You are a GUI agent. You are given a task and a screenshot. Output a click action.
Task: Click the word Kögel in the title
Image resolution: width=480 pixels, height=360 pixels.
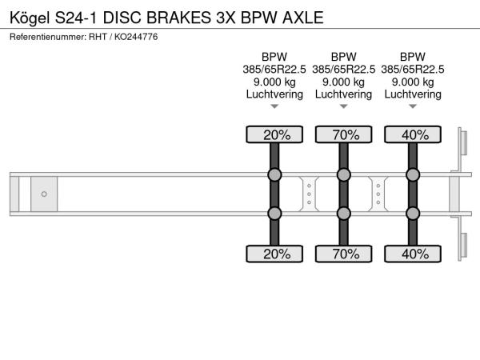(x=30, y=18)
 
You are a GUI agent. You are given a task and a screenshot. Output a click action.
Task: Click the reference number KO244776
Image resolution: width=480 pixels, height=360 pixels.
(x=136, y=37)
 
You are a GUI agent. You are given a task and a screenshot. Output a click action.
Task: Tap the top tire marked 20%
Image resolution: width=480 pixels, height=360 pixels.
(x=274, y=134)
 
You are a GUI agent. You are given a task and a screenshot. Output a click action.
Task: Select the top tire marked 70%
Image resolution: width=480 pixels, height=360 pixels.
(x=344, y=134)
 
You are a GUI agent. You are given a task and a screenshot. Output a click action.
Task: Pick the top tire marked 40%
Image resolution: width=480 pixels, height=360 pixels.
(x=413, y=134)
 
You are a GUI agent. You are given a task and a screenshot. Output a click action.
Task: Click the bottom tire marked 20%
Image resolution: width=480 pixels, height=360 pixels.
(x=274, y=254)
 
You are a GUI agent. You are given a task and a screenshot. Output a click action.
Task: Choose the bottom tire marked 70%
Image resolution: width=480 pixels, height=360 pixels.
(x=344, y=254)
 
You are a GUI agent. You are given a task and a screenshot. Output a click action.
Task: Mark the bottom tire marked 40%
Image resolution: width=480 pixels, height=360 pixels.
(x=413, y=254)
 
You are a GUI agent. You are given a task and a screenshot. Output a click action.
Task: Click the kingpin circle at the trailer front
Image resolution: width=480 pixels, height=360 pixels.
(x=44, y=194)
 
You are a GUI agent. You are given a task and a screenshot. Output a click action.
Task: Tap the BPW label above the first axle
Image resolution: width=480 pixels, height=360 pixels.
(x=274, y=57)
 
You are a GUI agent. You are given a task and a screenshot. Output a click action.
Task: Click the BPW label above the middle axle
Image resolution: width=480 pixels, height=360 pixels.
(x=344, y=57)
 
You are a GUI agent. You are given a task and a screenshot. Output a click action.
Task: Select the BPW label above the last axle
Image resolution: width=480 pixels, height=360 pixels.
(x=413, y=57)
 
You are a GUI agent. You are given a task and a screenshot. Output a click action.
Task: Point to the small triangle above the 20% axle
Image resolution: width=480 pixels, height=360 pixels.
(x=274, y=106)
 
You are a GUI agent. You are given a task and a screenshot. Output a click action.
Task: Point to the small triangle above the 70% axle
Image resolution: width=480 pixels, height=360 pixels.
(x=344, y=106)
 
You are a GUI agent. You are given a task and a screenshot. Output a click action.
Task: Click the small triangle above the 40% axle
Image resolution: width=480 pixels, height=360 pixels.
(x=413, y=106)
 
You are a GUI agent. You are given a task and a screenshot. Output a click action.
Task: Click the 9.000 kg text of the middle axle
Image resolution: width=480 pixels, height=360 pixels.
(x=344, y=82)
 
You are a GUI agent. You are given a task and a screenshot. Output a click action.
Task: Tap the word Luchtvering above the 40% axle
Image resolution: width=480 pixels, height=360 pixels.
(x=413, y=94)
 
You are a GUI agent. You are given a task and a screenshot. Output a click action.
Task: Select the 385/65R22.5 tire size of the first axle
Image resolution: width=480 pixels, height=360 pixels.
(x=274, y=70)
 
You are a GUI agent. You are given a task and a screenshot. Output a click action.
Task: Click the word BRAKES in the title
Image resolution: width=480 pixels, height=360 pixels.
(x=178, y=18)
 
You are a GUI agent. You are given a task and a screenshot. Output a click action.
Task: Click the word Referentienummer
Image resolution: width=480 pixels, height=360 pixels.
(x=48, y=37)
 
